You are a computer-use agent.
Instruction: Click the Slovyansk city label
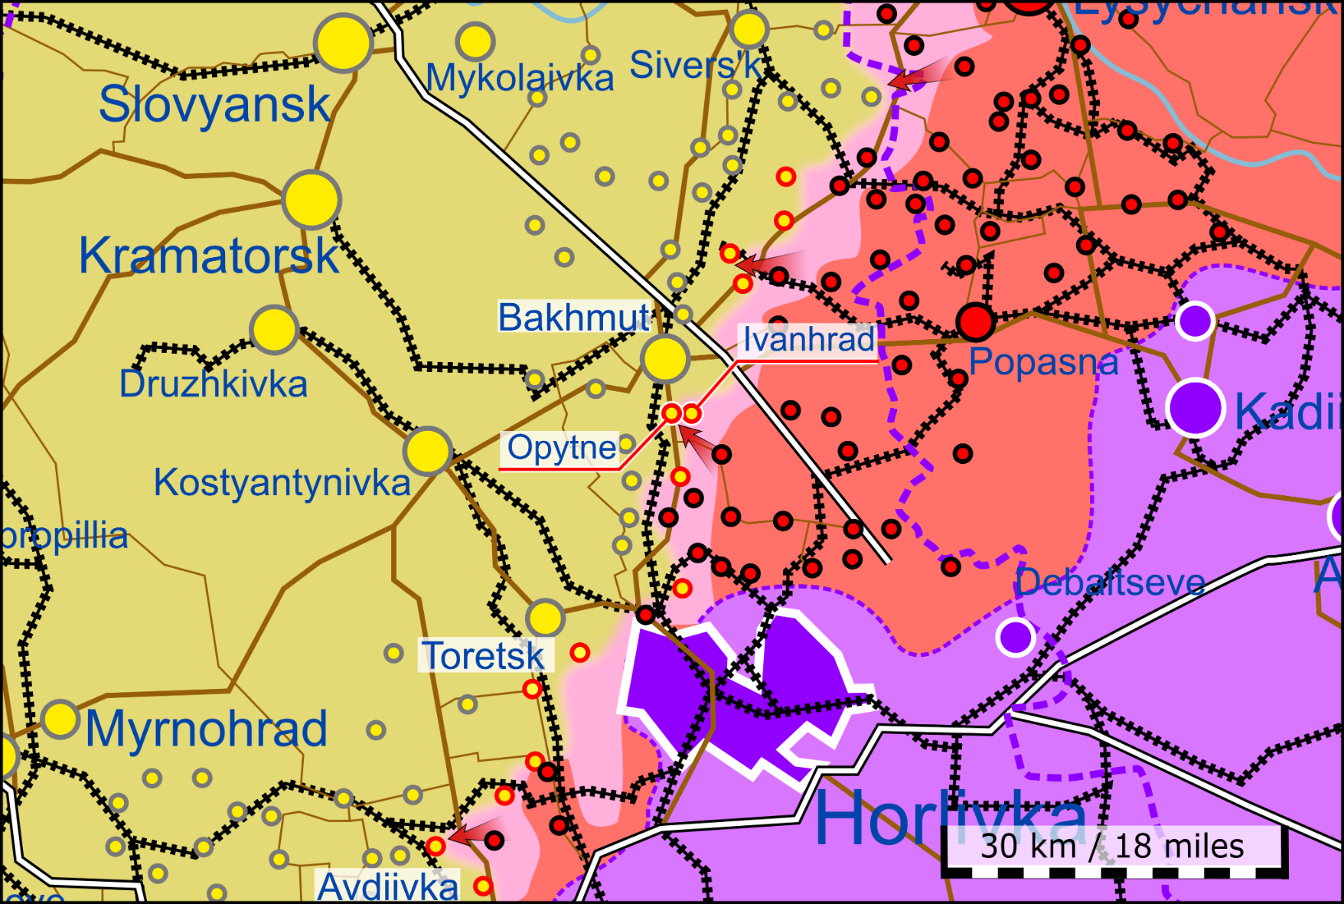tap(214, 105)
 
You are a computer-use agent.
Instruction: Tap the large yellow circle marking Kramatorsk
tap(311, 199)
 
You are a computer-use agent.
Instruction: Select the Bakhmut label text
tap(573, 317)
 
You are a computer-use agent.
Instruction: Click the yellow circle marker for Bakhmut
tap(665, 358)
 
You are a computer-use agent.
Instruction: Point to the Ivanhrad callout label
tap(808, 339)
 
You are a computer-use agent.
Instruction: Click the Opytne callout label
tap(561, 448)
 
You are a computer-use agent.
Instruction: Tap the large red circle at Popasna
tap(975, 322)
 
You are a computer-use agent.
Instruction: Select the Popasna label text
tap(1043, 361)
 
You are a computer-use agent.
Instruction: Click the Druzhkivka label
tap(213, 384)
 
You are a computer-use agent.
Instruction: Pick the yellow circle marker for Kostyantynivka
tap(428, 451)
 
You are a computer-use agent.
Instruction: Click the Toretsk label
tap(483, 656)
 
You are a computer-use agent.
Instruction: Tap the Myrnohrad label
tap(206, 729)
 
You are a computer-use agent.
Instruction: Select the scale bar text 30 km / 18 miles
tap(1112, 846)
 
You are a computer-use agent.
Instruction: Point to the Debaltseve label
tap(1110, 583)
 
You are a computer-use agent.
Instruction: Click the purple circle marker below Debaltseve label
tap(1016, 636)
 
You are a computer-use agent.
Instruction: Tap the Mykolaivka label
tap(520, 78)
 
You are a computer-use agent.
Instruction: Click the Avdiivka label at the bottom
tap(387, 886)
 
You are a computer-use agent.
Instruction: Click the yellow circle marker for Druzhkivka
tap(274, 330)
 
